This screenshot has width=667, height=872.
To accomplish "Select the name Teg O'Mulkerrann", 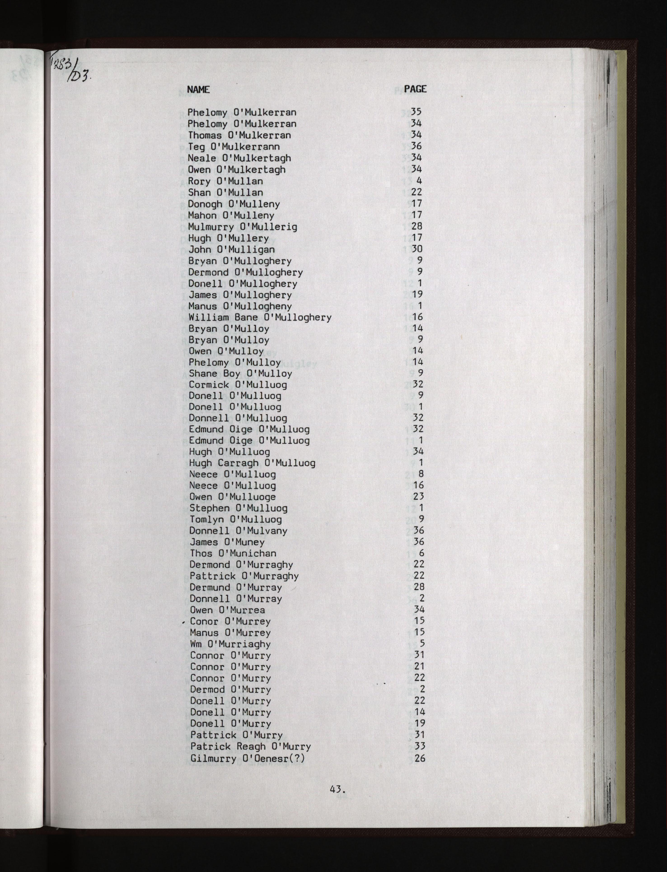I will coord(234,147).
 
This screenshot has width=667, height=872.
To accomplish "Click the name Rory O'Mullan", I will coord(225,181).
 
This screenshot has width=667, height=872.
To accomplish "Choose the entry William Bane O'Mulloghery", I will coord(260,317).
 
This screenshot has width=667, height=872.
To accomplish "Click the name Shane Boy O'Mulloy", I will coord(240,373).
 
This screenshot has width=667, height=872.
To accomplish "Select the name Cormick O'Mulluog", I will coord(237,385).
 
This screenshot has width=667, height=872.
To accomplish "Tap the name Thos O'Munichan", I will coord(233,553).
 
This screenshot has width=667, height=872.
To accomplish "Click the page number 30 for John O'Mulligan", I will coord(417,249).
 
